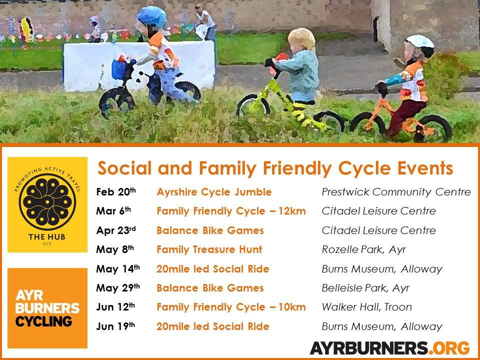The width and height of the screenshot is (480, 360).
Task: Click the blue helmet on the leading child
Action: click(151, 17)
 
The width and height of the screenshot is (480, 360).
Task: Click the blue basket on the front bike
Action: click(119, 69)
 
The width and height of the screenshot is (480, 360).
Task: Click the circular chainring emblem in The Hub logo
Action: click(47, 202)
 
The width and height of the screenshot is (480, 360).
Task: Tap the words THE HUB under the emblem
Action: click(47, 236)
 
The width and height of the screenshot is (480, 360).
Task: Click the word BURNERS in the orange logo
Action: click(47, 308)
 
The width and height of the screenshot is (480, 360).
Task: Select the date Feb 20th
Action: click(115, 191)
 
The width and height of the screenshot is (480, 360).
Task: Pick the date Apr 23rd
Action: click(115, 230)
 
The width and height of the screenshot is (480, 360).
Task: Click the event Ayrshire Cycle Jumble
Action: click(214, 192)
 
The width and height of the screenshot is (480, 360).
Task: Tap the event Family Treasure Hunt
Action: click(209, 249)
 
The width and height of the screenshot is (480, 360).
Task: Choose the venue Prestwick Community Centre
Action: click(396, 192)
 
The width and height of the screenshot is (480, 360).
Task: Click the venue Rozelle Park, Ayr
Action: click(363, 249)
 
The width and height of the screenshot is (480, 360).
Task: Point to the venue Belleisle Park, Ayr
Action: click(365, 288)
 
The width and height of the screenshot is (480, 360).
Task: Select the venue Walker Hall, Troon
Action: click(366, 306)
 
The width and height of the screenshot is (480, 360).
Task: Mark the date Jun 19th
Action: click(115, 326)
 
